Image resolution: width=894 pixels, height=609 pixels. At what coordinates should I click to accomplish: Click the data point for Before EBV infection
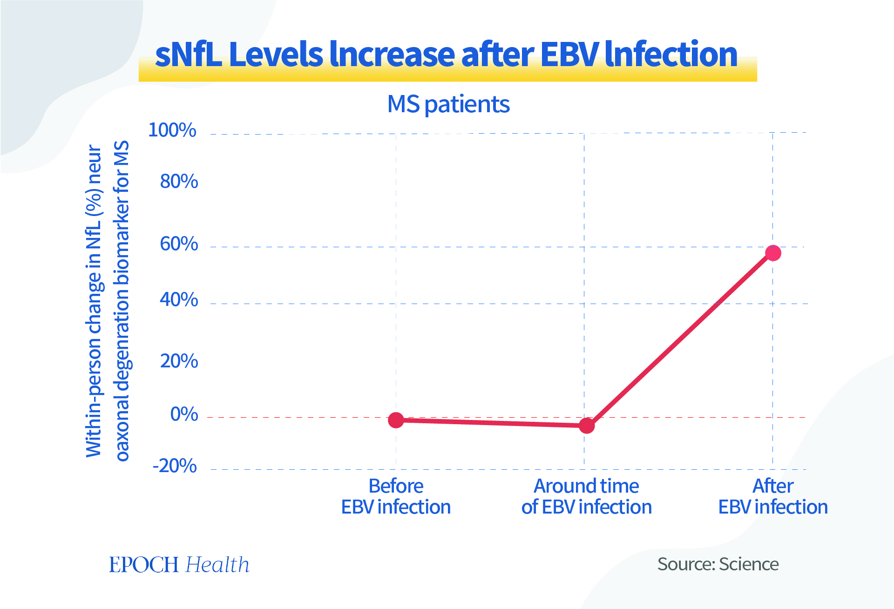click(x=396, y=420)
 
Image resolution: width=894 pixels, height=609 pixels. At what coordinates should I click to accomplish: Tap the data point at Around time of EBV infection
click(x=587, y=425)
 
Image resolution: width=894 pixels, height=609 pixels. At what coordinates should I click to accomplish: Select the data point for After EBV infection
click(x=773, y=253)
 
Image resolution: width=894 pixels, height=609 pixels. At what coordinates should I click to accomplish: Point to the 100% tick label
click(x=172, y=130)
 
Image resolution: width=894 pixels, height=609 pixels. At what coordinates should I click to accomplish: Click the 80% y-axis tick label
click(x=179, y=182)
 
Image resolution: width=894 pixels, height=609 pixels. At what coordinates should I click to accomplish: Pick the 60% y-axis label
click(x=179, y=244)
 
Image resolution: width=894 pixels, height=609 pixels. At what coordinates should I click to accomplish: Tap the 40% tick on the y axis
click(x=179, y=300)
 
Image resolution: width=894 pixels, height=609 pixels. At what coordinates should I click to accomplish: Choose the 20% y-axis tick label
click(x=179, y=361)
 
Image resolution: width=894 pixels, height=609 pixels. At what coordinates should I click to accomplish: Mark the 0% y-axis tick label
click(x=184, y=414)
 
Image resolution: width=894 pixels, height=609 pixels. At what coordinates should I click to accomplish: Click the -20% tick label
click(x=175, y=466)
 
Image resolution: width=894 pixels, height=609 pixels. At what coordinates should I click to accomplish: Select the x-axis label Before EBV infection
click(x=396, y=496)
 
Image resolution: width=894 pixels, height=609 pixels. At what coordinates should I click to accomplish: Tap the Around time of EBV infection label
click(x=586, y=496)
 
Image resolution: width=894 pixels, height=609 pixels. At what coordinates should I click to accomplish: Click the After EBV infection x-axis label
click(x=773, y=496)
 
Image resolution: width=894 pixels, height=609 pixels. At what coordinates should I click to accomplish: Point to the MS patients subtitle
click(x=448, y=104)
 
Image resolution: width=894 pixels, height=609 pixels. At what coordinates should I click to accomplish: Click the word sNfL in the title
click(x=188, y=54)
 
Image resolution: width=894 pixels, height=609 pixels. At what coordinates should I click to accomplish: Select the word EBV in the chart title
click(x=569, y=54)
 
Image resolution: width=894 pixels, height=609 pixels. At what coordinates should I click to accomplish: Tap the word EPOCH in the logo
click(x=144, y=565)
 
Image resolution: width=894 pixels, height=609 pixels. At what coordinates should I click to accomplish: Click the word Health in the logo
click(x=217, y=565)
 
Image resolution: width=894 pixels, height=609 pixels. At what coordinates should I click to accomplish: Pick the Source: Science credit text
click(x=718, y=564)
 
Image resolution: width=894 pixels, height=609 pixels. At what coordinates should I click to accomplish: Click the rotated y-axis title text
click(x=107, y=300)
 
